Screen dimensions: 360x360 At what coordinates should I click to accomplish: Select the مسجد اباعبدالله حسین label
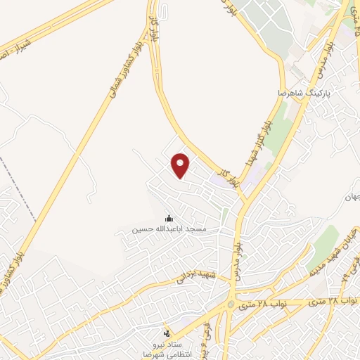pos(170,230)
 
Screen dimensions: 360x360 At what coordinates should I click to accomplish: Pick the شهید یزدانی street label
pos(193,274)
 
